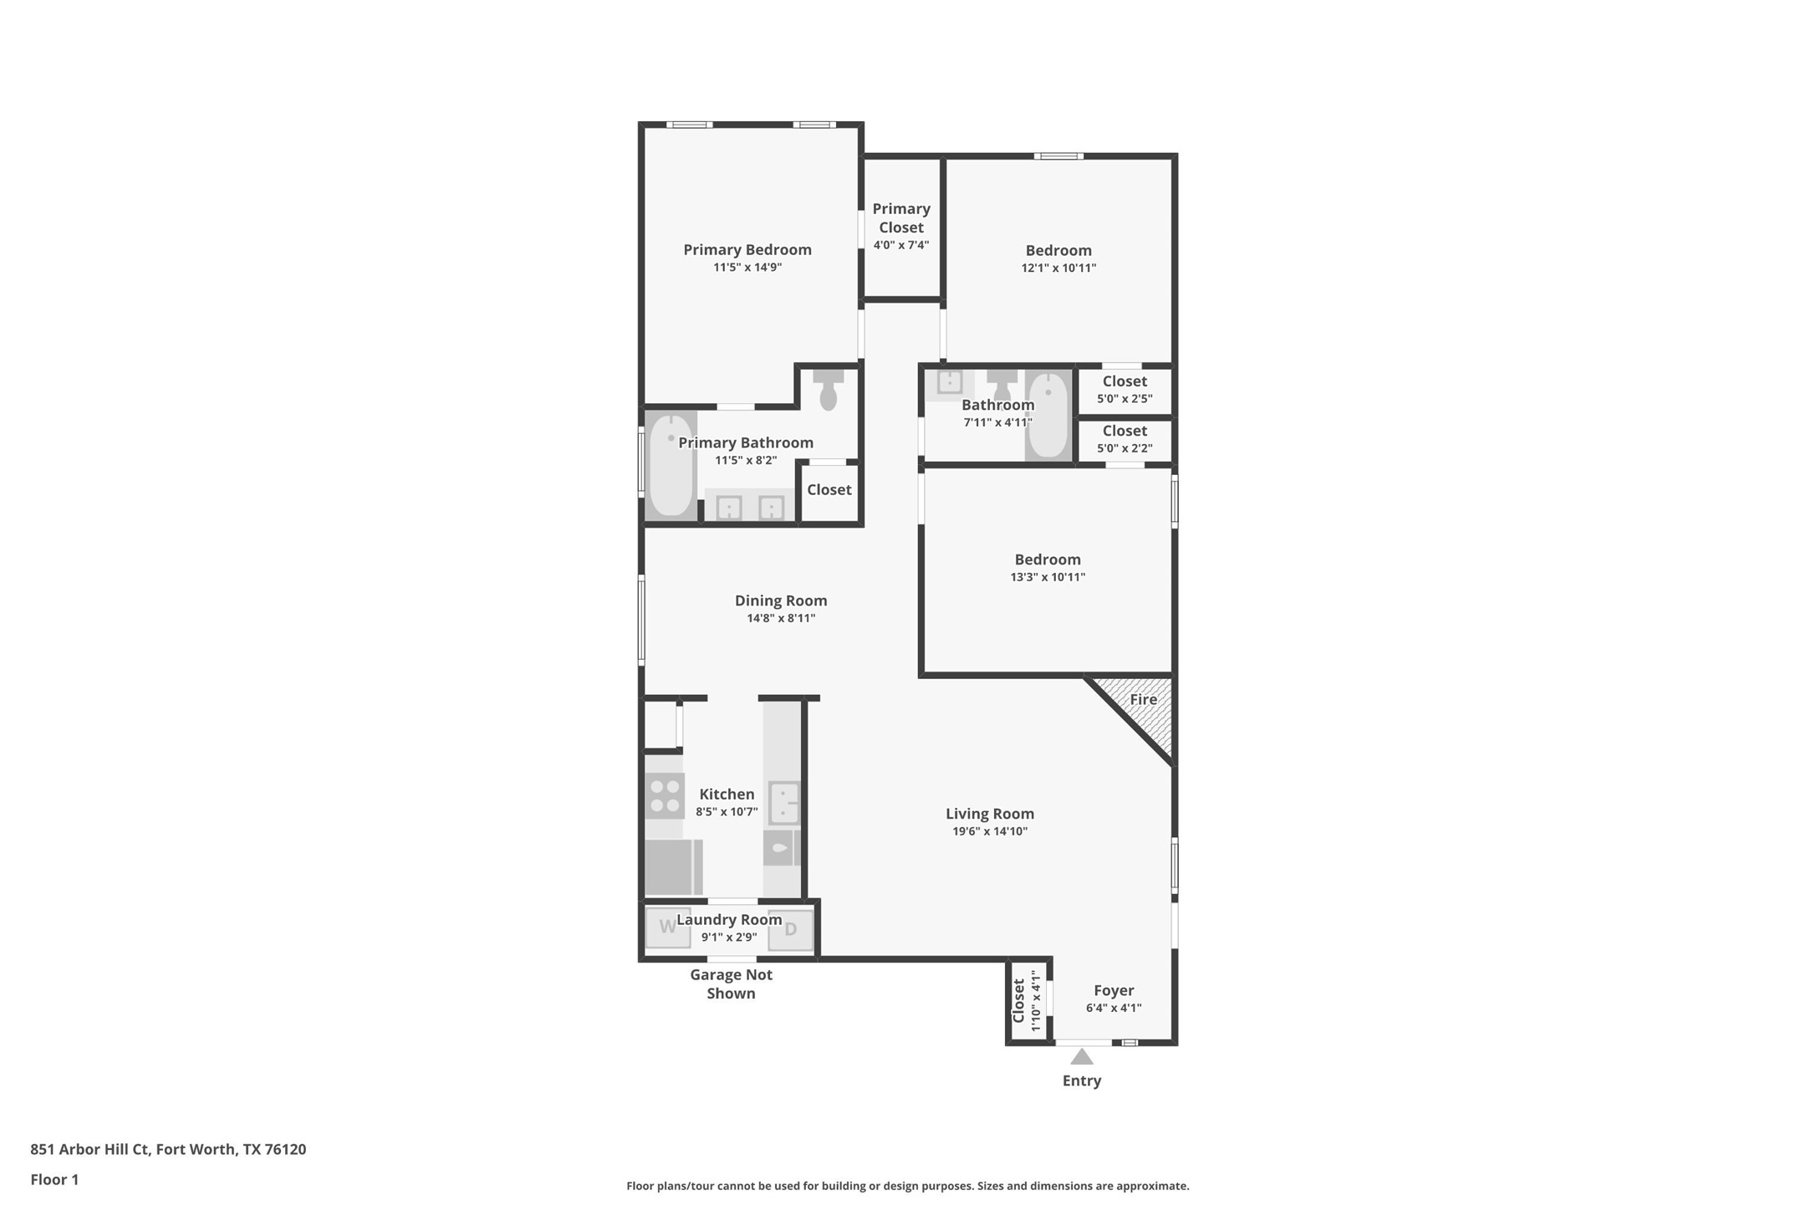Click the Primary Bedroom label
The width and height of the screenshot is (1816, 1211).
747,249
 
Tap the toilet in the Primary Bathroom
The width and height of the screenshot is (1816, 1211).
828,391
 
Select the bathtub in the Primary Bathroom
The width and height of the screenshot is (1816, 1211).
671,466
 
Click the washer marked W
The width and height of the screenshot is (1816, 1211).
668,927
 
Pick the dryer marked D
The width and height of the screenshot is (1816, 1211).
790,929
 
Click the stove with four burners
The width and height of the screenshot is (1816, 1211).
665,796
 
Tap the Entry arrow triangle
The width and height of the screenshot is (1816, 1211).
1081,1057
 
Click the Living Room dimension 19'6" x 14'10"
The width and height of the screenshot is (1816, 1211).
989,831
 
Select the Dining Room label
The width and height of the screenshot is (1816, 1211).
780,600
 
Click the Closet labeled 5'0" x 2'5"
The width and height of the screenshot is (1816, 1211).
1124,390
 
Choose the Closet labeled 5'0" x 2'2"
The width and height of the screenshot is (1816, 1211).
1124,439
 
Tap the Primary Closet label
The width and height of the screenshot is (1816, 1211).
900,218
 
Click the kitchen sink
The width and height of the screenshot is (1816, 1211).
783,804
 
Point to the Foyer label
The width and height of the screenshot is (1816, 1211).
1113,990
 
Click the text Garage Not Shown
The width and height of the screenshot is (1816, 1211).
731,984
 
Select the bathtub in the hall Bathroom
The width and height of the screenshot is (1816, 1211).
1048,415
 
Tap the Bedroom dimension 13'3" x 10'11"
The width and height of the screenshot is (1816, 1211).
1047,577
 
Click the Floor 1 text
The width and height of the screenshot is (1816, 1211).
54,1180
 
